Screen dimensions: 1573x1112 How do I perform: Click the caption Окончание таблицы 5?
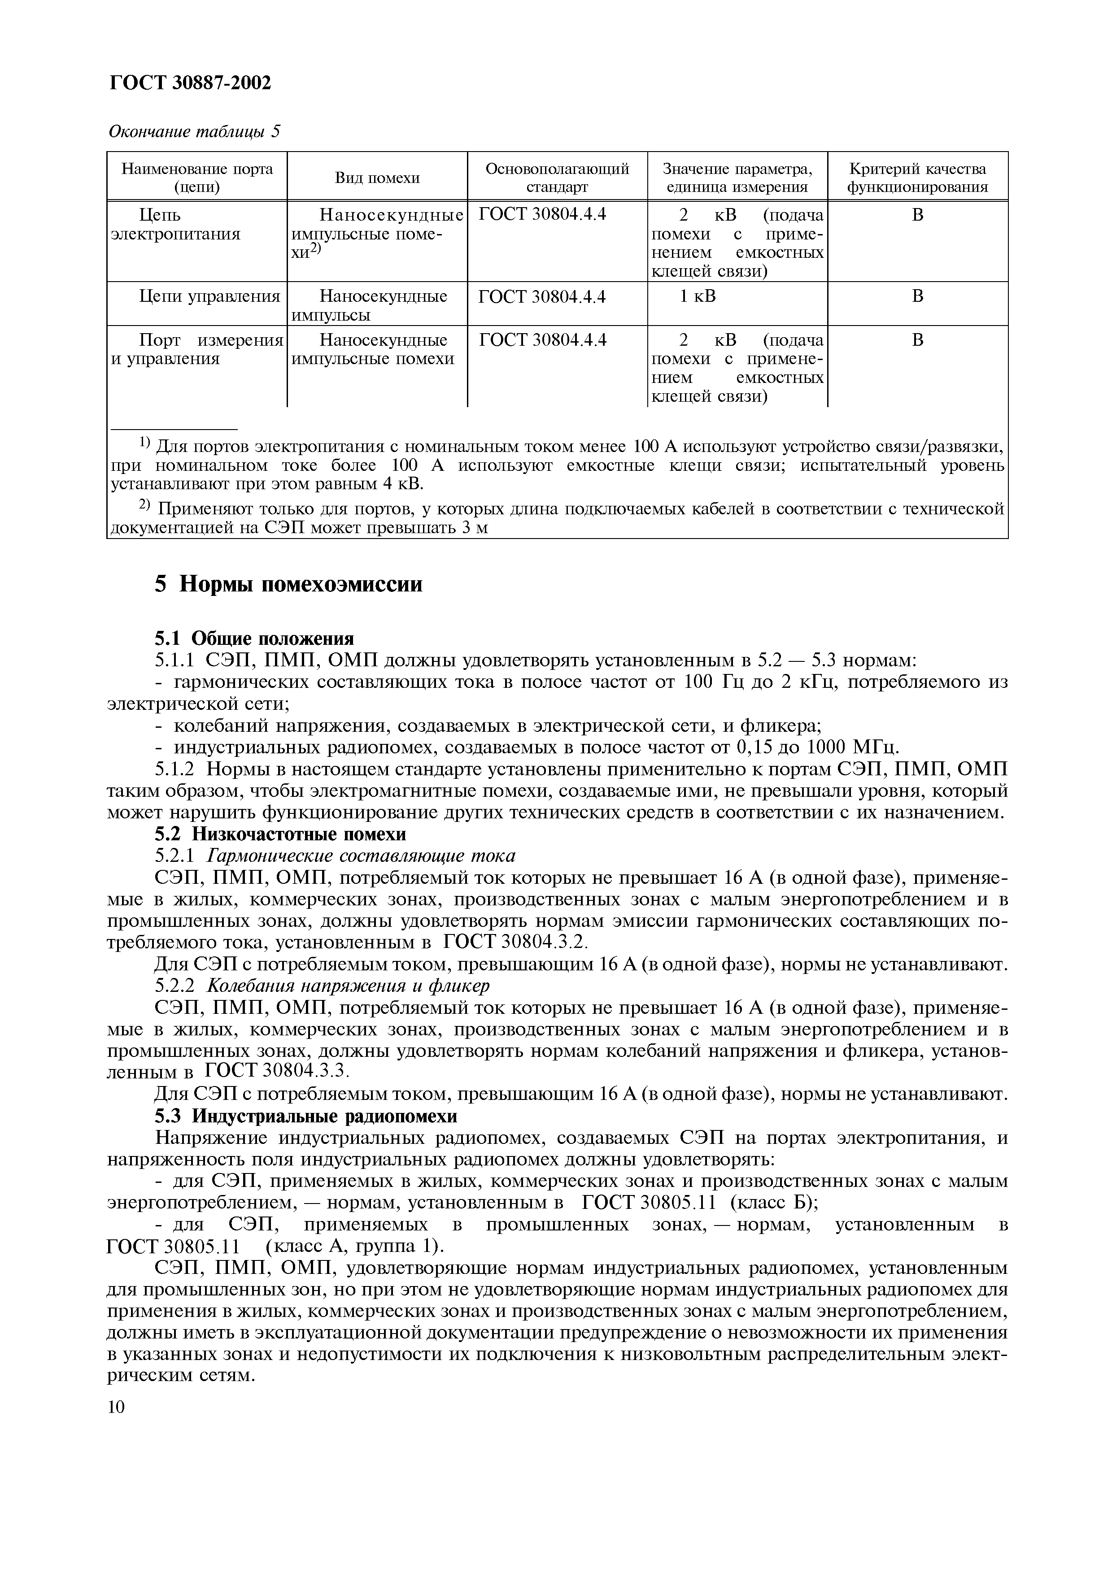click(195, 131)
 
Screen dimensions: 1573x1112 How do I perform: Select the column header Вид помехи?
click(377, 178)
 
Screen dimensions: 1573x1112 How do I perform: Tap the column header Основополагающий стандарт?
click(557, 178)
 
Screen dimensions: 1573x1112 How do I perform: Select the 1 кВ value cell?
click(698, 296)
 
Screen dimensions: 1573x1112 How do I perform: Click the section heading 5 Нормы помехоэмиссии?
click(288, 584)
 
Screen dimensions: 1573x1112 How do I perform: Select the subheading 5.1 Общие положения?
click(254, 639)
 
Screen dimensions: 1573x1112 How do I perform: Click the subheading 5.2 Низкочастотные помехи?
click(280, 834)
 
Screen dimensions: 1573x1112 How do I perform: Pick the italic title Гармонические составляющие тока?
click(361, 856)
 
